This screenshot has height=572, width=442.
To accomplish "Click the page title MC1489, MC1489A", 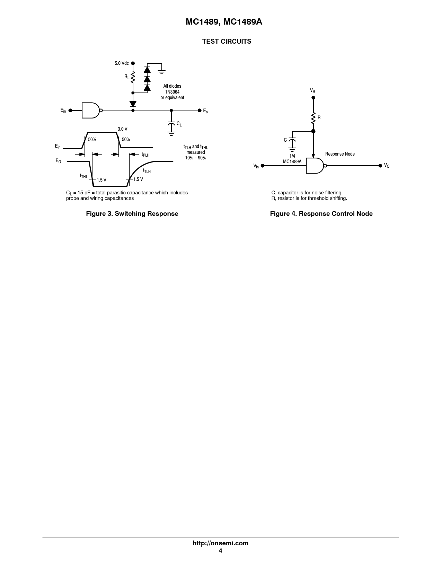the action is click(x=224, y=22).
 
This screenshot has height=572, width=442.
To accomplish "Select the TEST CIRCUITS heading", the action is click(x=227, y=42).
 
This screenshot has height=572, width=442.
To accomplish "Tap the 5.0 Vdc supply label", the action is click(x=122, y=63).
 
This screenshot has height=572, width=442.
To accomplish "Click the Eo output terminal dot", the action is click(x=200, y=111).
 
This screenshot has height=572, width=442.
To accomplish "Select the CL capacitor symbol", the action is click(x=171, y=123).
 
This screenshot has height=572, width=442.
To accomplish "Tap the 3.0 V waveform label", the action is click(x=122, y=129).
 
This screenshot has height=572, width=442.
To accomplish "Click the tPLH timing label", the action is click(x=145, y=155).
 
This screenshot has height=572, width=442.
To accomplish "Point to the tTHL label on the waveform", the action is click(x=84, y=176).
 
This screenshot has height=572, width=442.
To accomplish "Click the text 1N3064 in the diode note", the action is click(x=172, y=92).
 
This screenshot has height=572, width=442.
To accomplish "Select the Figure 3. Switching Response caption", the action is click(x=132, y=213).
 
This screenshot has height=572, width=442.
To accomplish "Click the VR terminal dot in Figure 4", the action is click(x=313, y=98).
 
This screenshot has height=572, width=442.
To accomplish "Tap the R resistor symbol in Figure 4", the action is click(x=313, y=118).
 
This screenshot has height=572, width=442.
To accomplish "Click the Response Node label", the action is click(x=340, y=154).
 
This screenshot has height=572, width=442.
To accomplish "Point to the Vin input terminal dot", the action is click(x=263, y=166).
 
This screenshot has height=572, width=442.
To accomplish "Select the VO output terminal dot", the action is click(x=380, y=166).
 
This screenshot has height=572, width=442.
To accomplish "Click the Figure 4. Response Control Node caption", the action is click(x=321, y=213).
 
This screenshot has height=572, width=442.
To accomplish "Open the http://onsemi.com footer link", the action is click(x=220, y=543).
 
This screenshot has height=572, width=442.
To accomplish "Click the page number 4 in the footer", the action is click(x=220, y=551).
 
